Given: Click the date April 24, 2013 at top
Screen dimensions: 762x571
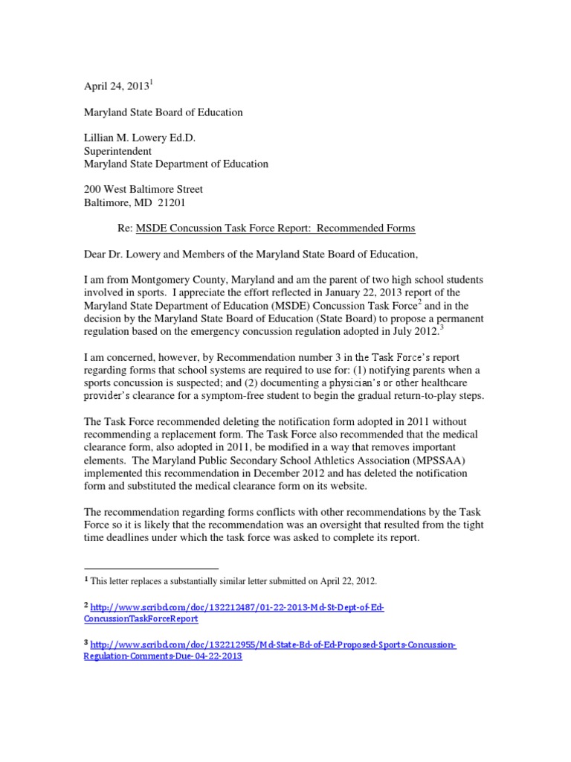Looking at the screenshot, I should [x=116, y=86].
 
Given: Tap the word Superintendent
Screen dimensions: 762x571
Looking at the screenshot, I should [x=117, y=151].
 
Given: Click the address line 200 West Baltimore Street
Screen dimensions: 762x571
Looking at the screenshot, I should [x=143, y=190].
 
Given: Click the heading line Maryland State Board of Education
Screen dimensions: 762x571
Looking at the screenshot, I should [x=163, y=112].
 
